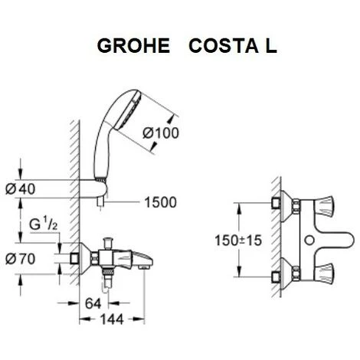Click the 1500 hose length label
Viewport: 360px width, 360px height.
pyautogui.click(x=160, y=203)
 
